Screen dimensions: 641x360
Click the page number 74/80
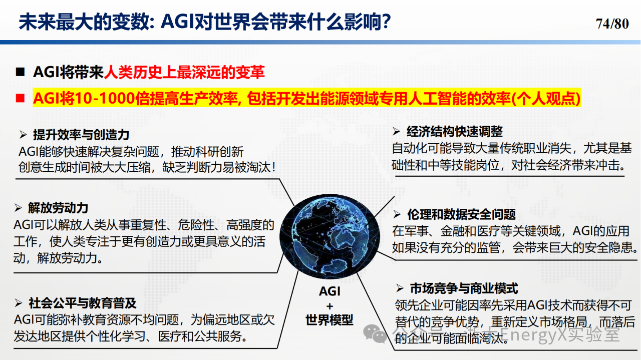click(x=612, y=24)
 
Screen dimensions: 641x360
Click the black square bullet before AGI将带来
click(x=20, y=72)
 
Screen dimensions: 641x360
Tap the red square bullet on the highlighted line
click(x=20, y=98)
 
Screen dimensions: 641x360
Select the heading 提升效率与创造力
click(x=81, y=135)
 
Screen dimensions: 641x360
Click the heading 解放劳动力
click(x=58, y=207)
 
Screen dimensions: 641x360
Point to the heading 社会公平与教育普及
click(x=83, y=303)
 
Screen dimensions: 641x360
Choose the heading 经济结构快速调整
click(x=454, y=131)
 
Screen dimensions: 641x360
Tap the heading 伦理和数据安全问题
click(x=461, y=214)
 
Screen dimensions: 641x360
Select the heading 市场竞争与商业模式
click(x=464, y=288)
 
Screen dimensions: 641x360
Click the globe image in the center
click(x=330, y=236)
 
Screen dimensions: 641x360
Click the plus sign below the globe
click(x=330, y=306)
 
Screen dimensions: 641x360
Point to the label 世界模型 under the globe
click(x=330, y=320)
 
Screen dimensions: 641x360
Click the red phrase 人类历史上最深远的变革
click(x=184, y=72)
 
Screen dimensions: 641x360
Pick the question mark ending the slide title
click(x=386, y=22)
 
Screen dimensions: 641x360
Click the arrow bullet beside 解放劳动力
click(x=18, y=208)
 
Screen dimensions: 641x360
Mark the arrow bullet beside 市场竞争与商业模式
click(x=400, y=288)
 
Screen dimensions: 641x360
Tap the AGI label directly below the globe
click(x=330, y=291)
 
